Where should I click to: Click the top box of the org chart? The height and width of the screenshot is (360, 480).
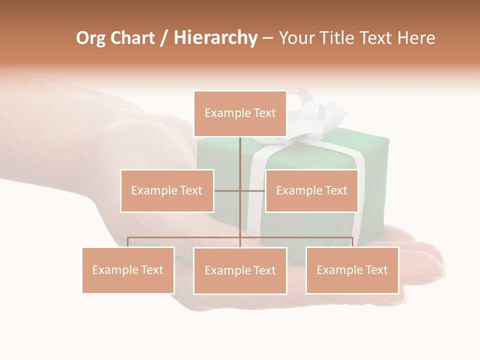(x=240, y=113)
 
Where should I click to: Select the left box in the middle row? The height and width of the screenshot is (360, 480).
(x=167, y=190)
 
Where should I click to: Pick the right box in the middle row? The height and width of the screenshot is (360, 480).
(x=311, y=190)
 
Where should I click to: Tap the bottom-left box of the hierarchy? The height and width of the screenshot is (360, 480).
(x=128, y=270)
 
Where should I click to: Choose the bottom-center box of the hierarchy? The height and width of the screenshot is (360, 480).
(x=240, y=270)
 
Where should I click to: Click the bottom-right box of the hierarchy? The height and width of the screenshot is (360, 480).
(x=352, y=270)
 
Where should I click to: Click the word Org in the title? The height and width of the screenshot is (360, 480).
(x=90, y=38)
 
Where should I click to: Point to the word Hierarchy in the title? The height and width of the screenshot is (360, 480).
(x=215, y=38)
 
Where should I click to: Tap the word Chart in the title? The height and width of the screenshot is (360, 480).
(x=133, y=38)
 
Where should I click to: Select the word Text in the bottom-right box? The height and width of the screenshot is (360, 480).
(x=376, y=270)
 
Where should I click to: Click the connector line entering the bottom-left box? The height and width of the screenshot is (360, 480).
(x=128, y=242)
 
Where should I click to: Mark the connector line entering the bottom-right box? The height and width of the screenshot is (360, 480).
(x=352, y=242)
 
